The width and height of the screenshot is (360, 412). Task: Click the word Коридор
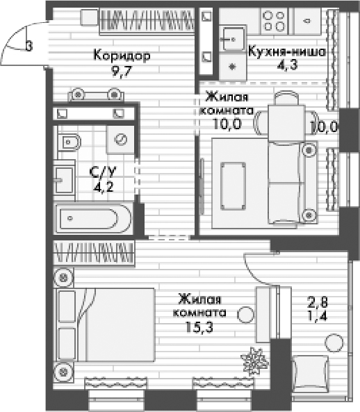point(122,56)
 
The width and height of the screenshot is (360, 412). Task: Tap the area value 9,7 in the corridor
point(122,69)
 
